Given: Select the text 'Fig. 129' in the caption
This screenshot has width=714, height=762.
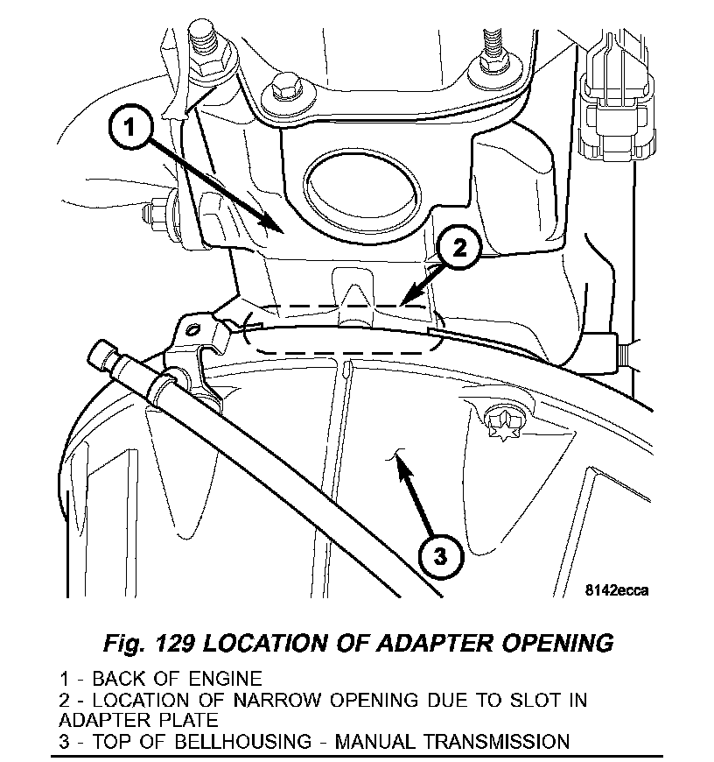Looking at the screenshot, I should [x=146, y=643].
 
